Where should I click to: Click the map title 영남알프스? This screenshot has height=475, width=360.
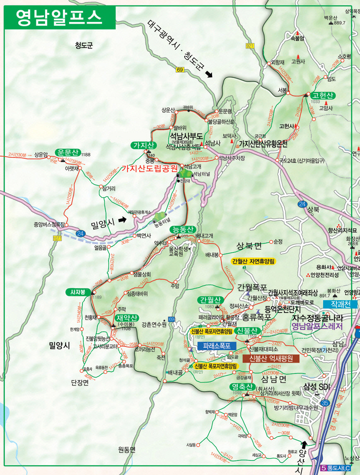(x=58, y=17)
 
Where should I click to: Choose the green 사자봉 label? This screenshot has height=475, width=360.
(x=77, y=292)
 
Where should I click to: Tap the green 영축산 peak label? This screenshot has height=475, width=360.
(x=242, y=387)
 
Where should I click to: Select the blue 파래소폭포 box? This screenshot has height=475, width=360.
(x=217, y=345)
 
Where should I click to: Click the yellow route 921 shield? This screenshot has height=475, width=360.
(x=249, y=45)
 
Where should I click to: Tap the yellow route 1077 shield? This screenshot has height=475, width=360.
(x=57, y=238)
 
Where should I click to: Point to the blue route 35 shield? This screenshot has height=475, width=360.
(x=326, y=402)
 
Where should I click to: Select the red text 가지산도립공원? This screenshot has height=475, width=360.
(x=149, y=169)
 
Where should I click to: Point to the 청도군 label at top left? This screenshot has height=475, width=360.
(x=84, y=46)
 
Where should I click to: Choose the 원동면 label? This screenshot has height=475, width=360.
(x=127, y=449)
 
